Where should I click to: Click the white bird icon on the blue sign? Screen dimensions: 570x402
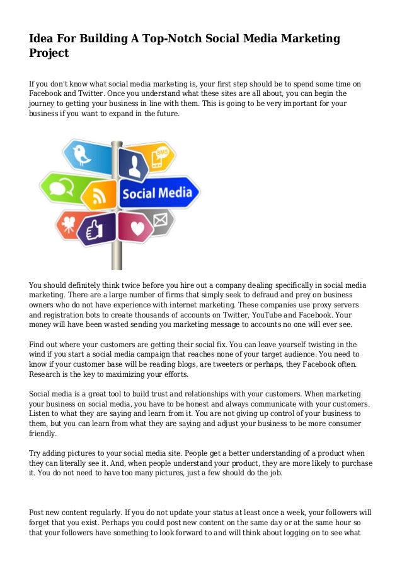(81, 153)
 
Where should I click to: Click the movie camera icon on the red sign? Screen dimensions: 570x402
(67, 223)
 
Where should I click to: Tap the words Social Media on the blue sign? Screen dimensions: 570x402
(156, 192)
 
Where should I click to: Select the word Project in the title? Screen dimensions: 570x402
(49, 54)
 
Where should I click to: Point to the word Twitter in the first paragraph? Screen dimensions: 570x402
(91, 94)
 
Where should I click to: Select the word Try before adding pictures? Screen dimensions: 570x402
(37, 453)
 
